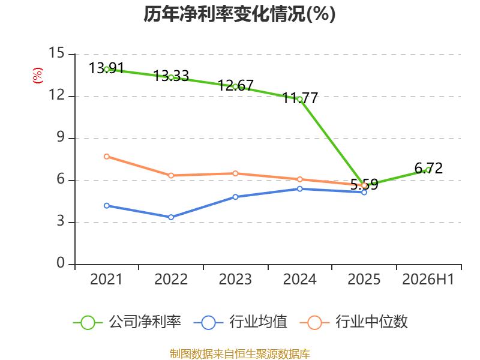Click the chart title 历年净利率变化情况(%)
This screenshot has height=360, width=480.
click(239, 14)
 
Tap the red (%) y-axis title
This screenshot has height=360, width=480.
click(38, 76)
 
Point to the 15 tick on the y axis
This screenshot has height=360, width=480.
click(56, 53)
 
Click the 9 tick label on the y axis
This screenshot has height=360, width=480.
click(61, 137)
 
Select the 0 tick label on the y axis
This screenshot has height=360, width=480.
click(61, 263)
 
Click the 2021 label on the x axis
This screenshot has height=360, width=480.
click(106, 279)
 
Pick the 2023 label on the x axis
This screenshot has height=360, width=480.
click(235, 279)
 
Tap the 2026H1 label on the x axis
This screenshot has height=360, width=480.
click(428, 279)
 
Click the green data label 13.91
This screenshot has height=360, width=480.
click(106, 68)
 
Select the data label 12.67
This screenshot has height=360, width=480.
click(236, 85)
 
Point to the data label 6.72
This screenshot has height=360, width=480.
click(428, 169)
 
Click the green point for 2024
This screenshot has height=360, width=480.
click(299, 99)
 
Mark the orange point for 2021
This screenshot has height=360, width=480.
click(107, 157)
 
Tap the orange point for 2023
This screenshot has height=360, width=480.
click(235, 173)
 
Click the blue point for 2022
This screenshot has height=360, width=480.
click(171, 217)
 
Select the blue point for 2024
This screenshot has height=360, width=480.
click(299, 189)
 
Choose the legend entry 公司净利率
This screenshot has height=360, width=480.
click(127, 322)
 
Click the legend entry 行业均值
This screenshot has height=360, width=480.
click(241, 322)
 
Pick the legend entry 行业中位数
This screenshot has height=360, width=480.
click(354, 322)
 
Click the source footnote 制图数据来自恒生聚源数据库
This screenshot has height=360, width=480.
click(239, 354)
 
